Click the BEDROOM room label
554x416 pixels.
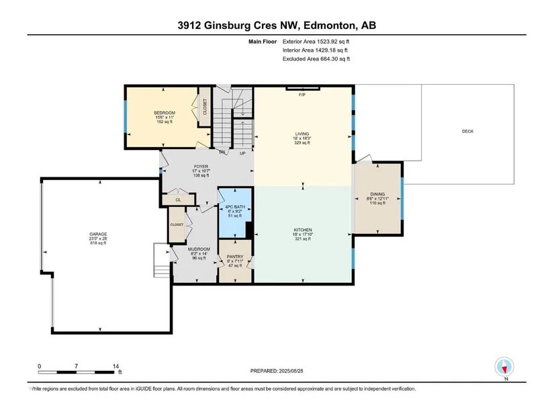(x=165, y=113)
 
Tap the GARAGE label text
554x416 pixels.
(x=98, y=234)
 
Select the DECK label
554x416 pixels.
(x=467, y=131)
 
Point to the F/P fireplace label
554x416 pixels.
(x=302, y=95)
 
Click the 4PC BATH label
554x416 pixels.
(x=235, y=206)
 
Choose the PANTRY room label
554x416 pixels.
(x=235, y=257)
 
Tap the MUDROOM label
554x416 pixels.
(x=199, y=249)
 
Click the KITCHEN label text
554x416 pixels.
(x=303, y=230)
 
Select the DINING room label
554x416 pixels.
(x=377, y=194)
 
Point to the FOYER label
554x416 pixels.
(x=201, y=166)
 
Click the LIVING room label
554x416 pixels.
(x=302, y=134)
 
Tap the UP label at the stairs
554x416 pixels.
(x=242, y=153)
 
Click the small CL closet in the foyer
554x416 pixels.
(x=178, y=200)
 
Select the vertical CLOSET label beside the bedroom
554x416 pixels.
(x=205, y=106)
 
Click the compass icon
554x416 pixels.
(x=504, y=367)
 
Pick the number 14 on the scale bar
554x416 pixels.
(x=116, y=366)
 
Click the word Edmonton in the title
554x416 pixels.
(x=330, y=26)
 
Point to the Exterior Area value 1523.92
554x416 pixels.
(x=327, y=42)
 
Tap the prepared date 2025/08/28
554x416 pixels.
(x=291, y=371)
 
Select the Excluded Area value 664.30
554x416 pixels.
(x=328, y=59)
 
